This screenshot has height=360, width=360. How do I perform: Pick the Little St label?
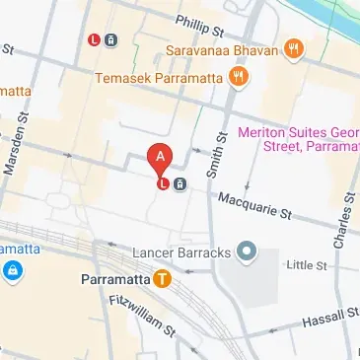[x=305, y=264]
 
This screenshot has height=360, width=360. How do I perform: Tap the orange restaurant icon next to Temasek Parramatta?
[x=237, y=76]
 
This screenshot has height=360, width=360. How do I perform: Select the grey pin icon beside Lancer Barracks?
[x=247, y=255]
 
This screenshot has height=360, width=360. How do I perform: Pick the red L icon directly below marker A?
[x=162, y=182]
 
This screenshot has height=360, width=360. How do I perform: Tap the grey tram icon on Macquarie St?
[x=180, y=183]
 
